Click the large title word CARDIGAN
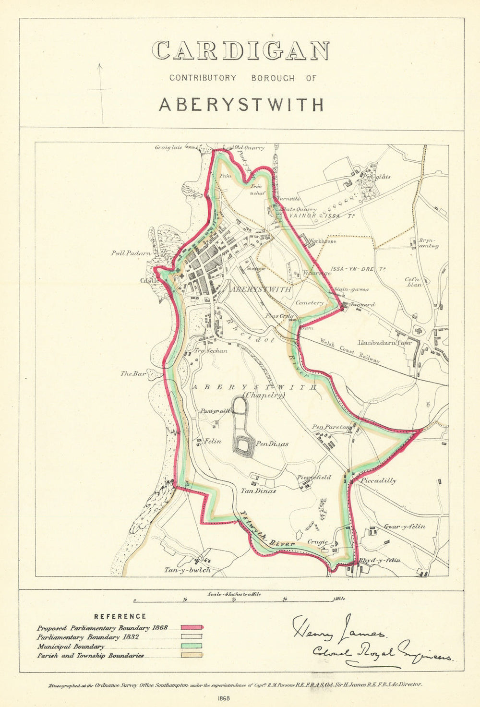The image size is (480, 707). point(240,50)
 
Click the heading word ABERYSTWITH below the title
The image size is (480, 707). point(241,105)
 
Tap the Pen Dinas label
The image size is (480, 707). point(272,444)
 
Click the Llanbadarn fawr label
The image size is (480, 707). point(385,343)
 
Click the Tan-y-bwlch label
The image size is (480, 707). point(187,570)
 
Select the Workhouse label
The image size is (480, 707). point(323,241)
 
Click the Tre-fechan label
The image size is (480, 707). point(211,350)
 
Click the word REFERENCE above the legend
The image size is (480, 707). point(120,616)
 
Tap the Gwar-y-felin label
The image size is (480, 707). point(404,527)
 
